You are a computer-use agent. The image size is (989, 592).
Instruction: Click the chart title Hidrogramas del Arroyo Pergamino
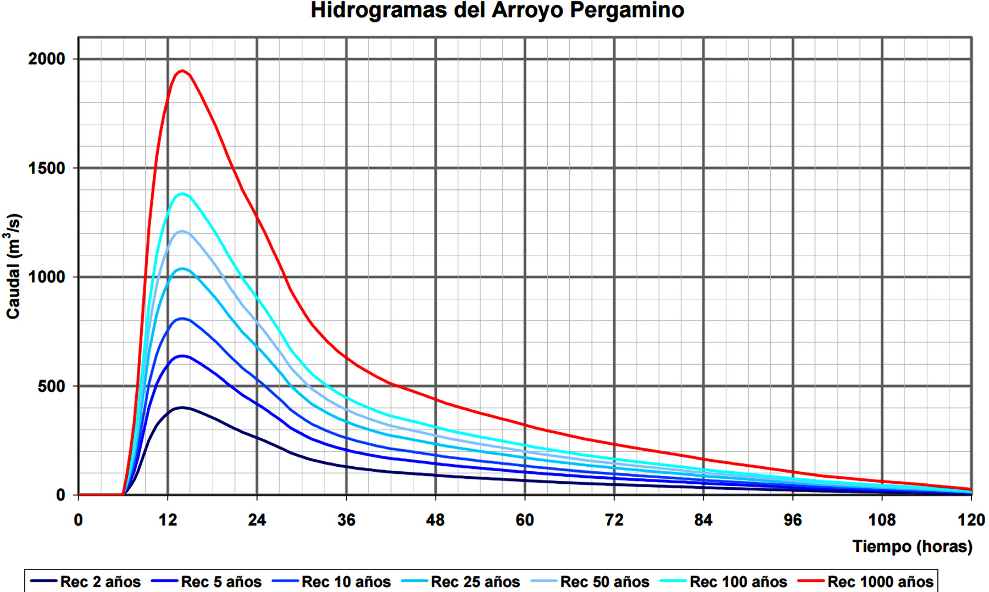coord(497,10)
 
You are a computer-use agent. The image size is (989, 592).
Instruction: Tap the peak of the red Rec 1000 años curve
coord(182,71)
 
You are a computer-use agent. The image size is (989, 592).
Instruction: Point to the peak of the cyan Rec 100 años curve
coord(182,194)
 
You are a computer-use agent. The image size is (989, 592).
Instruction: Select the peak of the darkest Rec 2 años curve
coord(182,407)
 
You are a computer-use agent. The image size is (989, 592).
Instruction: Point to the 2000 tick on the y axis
coord(47,59)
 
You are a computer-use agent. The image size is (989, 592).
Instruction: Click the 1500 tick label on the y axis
coord(47,168)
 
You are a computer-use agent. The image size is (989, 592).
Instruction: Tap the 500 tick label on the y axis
coord(51,386)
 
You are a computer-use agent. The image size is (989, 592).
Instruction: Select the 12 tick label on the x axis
coord(168,520)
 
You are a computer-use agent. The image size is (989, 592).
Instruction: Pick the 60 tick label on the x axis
coord(525,520)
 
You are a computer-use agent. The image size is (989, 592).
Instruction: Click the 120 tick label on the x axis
coord(971,520)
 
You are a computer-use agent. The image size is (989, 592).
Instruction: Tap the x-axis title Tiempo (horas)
coord(912,546)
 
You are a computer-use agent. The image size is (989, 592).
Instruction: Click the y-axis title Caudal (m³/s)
coord(13,266)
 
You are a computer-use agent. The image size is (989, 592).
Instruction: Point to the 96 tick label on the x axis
coord(792,520)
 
